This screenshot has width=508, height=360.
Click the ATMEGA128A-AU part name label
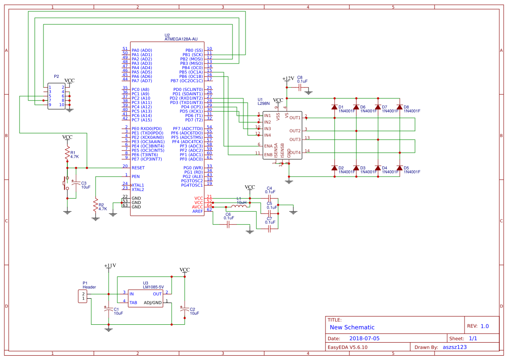pos(184,39)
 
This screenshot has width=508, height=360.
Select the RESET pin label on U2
pos(138,168)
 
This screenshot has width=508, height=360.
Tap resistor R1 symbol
pos(67,153)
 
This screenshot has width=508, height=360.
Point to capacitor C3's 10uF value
pos(86,187)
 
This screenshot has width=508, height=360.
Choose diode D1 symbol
pos(334,107)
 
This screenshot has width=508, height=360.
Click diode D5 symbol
pos(399,168)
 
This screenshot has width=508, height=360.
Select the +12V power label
pos(288,79)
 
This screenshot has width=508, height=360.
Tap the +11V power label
pos(110,265)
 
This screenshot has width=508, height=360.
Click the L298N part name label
pos(264,103)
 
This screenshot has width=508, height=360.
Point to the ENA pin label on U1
pos(269,146)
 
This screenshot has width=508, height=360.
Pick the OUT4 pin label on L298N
pos(295,153)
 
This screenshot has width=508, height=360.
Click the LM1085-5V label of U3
pos(153,287)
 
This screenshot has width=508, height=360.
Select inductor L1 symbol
pos(241,205)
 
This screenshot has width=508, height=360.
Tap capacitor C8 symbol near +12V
pos(300,87)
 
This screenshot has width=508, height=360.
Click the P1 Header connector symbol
pos(81,297)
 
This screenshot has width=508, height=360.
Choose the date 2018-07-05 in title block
pos(364,338)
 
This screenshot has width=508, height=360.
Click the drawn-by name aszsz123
pos(455,347)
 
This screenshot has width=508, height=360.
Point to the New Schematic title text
pos(352,327)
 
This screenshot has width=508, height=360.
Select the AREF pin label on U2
pos(197,211)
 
